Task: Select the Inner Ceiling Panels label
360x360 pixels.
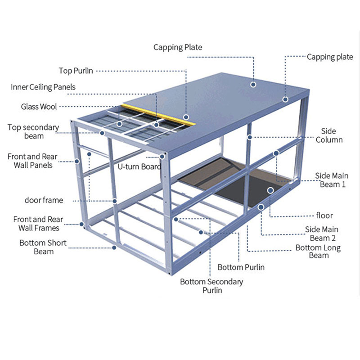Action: click(x=43, y=87)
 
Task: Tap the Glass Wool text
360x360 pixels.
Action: click(x=39, y=107)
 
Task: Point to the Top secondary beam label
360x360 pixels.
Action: click(x=33, y=131)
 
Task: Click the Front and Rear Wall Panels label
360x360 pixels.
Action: click(x=32, y=161)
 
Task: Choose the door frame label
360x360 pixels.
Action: click(x=44, y=200)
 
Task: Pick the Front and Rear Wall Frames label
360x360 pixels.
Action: click(x=38, y=224)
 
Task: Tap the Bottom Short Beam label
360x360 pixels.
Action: click(x=43, y=247)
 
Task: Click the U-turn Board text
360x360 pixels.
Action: click(x=139, y=167)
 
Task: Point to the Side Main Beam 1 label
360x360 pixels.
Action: click(x=331, y=180)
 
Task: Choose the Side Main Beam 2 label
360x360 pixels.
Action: click(x=321, y=234)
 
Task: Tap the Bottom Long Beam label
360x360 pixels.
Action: click(x=318, y=252)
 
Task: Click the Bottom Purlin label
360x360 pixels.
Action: click(x=241, y=267)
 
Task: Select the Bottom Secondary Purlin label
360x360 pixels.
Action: click(x=211, y=286)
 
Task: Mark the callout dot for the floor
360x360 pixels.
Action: click(x=270, y=190)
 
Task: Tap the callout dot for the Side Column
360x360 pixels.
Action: click(x=248, y=136)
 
